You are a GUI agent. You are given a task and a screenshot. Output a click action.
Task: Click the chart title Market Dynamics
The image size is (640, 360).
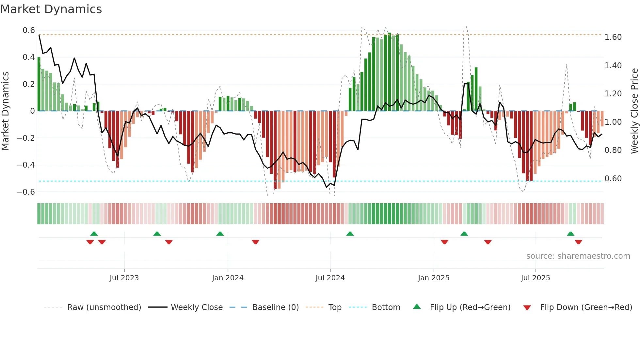(51, 9)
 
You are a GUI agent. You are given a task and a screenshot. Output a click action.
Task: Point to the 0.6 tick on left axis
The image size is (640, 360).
(29, 30)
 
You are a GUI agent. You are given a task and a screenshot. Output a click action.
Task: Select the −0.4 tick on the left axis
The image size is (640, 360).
(26, 165)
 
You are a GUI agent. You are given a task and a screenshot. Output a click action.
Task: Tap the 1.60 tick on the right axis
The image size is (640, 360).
(613, 37)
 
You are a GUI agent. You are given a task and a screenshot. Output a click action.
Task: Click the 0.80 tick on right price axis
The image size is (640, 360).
(613, 150)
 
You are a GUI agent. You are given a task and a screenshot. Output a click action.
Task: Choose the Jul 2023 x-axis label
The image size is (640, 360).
(124, 278)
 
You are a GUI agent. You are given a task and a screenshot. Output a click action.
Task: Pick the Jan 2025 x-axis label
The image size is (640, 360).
(433, 278)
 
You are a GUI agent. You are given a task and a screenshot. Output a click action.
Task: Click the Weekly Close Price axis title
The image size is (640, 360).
(634, 111)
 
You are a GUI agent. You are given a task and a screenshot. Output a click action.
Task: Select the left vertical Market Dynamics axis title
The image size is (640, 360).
(5, 111)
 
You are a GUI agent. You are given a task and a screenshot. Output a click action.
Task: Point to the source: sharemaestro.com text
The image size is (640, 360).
(578, 256)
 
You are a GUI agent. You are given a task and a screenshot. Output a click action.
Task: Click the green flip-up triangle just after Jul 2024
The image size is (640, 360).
(350, 234)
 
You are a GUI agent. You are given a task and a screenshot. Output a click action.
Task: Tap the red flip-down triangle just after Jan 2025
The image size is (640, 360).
(444, 242)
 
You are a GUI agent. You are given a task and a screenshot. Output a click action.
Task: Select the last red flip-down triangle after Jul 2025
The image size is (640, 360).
(578, 242)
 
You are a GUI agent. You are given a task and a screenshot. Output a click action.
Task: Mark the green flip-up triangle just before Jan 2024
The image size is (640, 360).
(220, 234)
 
